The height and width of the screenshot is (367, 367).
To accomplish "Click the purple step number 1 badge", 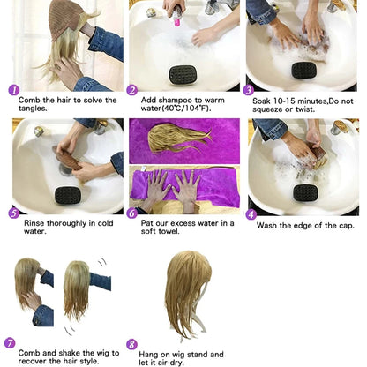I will (x=13, y=90).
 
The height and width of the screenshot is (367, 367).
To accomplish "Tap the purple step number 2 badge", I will (x=132, y=90).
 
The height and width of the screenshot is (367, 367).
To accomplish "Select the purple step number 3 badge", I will (x=250, y=90).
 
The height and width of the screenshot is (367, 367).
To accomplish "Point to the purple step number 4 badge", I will (x=250, y=213).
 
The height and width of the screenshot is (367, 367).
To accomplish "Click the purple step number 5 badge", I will (x=13, y=213).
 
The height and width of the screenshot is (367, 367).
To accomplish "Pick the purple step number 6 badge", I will (x=132, y=213).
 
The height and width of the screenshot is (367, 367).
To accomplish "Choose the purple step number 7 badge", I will (x=10, y=342).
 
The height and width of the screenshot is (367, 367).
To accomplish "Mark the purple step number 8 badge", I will (x=132, y=345).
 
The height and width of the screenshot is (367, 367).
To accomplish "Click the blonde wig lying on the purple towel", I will (x=181, y=137).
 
